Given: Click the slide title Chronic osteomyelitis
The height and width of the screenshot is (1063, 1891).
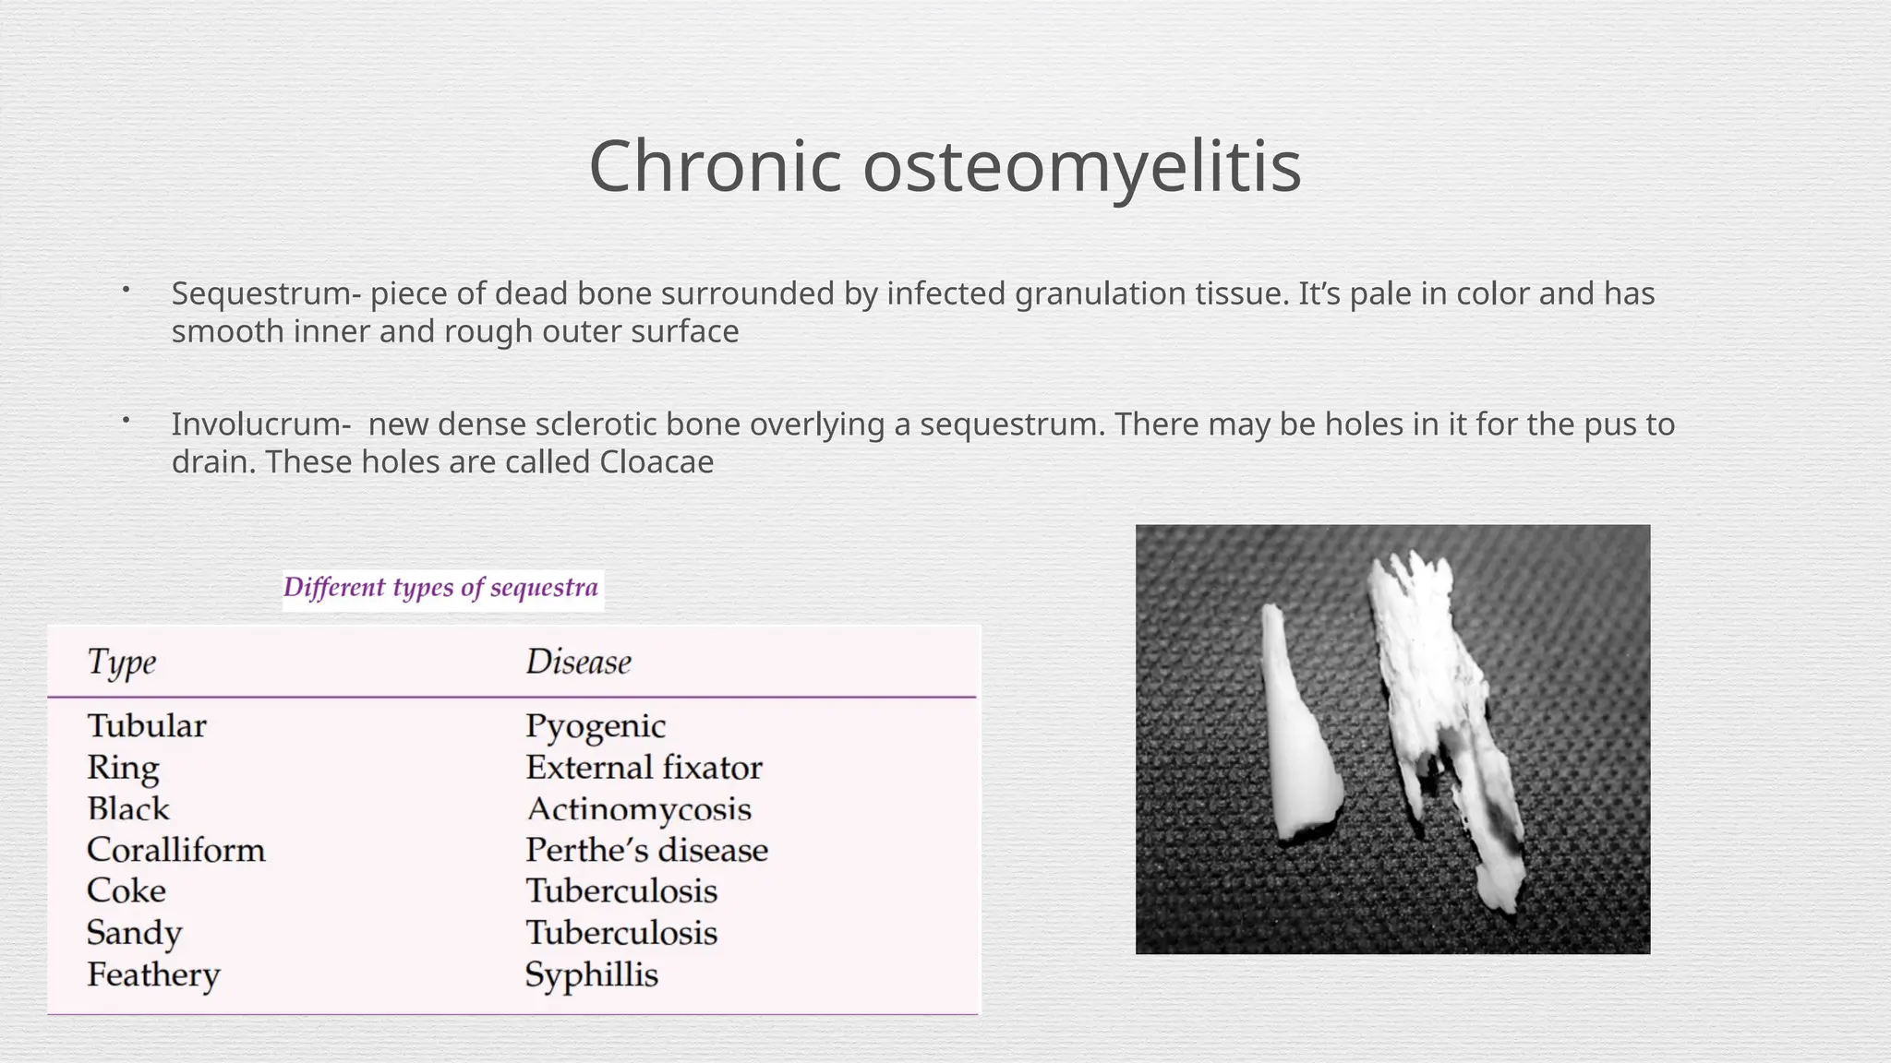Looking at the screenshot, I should (945, 166).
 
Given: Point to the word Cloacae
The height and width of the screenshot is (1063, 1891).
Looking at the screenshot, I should (656, 462).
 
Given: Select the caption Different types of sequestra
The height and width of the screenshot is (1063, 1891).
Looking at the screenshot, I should (441, 588).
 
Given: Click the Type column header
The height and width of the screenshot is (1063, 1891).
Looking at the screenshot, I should (122, 662).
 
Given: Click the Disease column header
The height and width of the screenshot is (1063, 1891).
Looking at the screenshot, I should (578, 662).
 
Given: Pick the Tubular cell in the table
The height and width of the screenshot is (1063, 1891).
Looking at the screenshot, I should (147, 725).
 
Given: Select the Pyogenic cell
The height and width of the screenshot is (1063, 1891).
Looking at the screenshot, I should (596, 725).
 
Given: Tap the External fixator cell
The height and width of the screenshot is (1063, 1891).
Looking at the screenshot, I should (644, 767).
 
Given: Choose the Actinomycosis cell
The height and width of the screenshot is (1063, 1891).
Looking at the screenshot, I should (639, 808).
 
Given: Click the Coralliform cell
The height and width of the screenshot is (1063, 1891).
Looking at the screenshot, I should (175, 850).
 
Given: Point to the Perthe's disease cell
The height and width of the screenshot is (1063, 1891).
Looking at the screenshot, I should (646, 850).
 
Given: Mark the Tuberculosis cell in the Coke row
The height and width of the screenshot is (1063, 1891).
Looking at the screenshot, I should (621, 891).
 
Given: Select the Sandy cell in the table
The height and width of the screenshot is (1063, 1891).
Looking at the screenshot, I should (135, 933).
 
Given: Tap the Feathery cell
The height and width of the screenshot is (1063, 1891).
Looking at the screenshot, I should (153, 974).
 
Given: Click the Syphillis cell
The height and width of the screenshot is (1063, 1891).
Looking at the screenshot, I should (591, 974).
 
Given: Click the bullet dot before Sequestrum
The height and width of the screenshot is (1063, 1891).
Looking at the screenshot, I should (126, 291).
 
